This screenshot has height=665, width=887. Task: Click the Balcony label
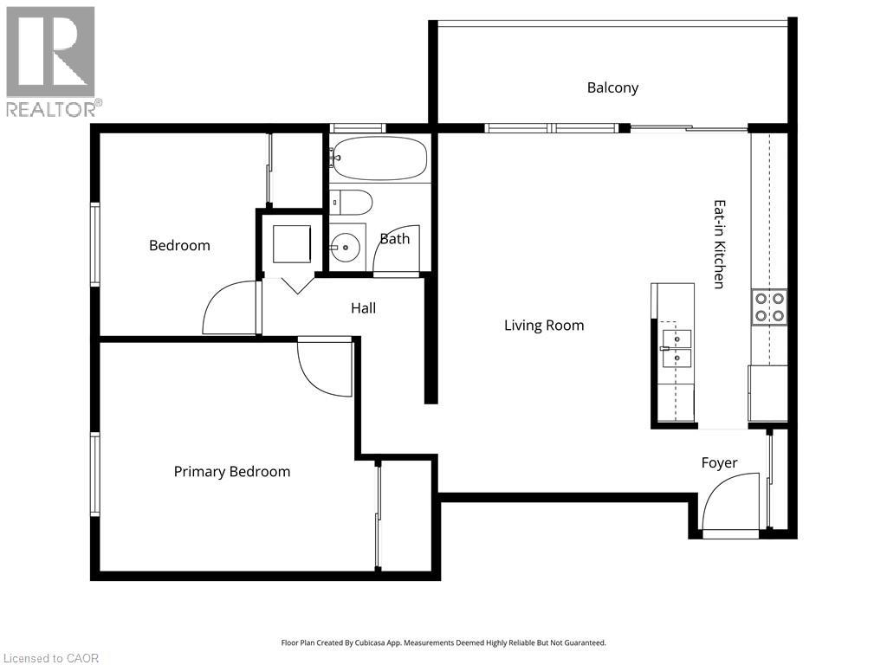coord(612,87)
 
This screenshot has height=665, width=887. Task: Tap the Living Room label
coord(544,326)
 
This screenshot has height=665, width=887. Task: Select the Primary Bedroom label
coord(231,472)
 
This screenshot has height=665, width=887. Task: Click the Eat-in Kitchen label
coord(718,244)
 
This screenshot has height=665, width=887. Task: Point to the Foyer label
coord(719,463)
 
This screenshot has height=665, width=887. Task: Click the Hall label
coord(363,307)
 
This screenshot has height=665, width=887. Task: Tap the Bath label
coord(395,238)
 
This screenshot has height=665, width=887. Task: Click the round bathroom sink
coord(346,248)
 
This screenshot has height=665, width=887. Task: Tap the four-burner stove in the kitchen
coord(768,307)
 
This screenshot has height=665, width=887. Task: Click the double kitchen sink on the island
coord(677,347)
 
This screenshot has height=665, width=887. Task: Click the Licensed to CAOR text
coord(51,658)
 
